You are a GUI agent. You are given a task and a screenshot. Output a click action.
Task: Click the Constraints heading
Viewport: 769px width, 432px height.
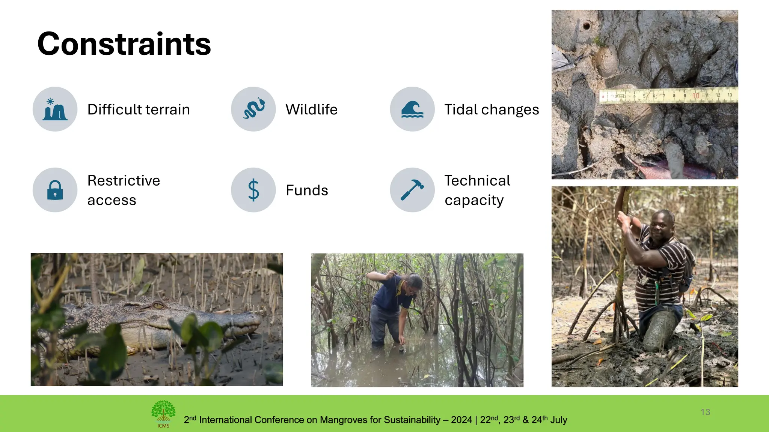click(x=124, y=44)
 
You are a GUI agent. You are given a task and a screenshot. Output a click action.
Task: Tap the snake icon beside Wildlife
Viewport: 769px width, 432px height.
click(x=253, y=109)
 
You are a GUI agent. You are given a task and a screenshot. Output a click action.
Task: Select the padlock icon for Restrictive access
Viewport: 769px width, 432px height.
click(x=55, y=190)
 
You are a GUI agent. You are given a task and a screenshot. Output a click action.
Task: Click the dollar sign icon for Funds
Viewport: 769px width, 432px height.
click(x=253, y=190)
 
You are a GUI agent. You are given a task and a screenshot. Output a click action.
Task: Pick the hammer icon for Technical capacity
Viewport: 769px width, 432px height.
click(x=412, y=190)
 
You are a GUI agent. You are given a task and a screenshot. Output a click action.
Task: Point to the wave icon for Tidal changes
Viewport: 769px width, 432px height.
click(x=412, y=109)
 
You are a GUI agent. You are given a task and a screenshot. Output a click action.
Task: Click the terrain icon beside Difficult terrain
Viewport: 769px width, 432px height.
click(x=55, y=109)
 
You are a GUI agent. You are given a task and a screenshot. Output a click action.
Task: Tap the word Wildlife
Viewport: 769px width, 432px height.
click(x=311, y=109)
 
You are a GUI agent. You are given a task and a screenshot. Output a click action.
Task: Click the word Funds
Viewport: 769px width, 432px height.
click(x=307, y=190)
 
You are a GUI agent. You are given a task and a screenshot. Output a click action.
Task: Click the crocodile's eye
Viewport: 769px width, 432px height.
click(x=158, y=306)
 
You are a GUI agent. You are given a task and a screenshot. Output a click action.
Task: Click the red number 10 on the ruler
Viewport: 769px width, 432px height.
click(x=696, y=96)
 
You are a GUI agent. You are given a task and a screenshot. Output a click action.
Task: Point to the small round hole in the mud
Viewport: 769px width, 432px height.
click(x=586, y=26)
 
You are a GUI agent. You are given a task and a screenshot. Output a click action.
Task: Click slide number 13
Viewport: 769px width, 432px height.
click(x=705, y=412)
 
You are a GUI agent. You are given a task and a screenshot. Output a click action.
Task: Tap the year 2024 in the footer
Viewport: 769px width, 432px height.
click(x=461, y=420)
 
